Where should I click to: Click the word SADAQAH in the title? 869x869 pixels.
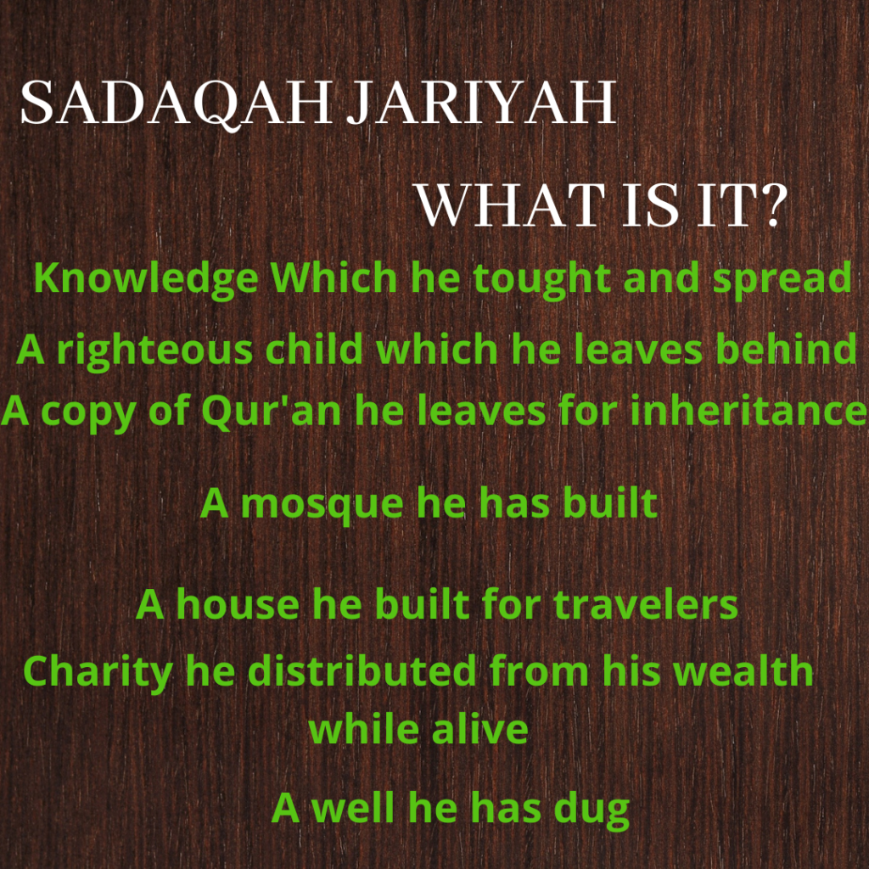click(x=177, y=104)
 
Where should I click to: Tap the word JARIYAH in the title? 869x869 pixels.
click(x=482, y=103)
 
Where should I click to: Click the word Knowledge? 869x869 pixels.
click(x=146, y=278)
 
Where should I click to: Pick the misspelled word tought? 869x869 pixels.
click(x=542, y=278)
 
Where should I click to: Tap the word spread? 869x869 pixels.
click(x=782, y=278)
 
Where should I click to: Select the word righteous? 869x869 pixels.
click(x=154, y=350)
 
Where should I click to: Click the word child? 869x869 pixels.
click(x=314, y=349)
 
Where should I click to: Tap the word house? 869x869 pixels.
click(x=238, y=604)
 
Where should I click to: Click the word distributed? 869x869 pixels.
click(x=362, y=670)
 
